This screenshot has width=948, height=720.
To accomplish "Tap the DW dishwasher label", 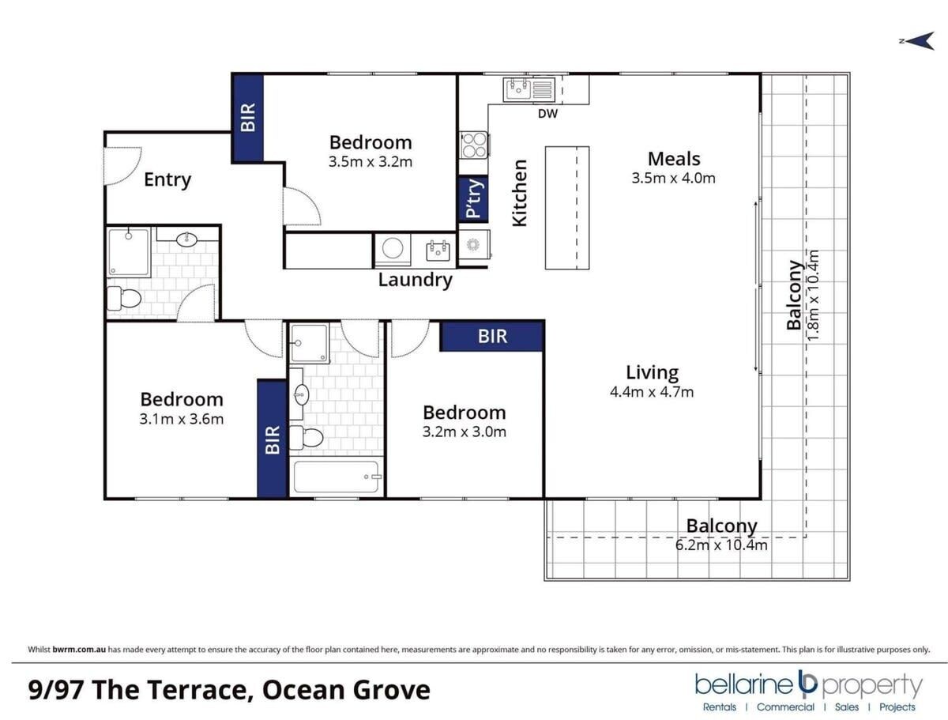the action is pos(547,114).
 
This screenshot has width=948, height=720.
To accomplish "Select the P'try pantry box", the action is pos(473,199).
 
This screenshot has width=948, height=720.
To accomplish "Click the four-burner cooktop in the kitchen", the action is pos(474,145).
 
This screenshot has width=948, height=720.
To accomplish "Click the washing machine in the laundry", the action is pos(392,249).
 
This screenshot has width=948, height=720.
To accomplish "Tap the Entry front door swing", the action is pos(122,166).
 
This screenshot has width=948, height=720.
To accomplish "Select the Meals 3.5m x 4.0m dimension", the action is pos(673,178).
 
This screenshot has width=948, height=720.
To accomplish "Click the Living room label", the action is pos(653,373).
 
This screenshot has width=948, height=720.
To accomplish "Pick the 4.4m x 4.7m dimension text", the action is pos(652,392).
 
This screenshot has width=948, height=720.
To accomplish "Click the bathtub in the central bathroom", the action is pos(337,477).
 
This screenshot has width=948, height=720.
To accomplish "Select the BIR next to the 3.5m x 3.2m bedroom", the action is pos(247,118).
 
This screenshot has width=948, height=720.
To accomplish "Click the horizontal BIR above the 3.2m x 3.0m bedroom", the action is pos(491,336).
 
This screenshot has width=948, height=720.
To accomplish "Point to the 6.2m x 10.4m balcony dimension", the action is pos(721,545).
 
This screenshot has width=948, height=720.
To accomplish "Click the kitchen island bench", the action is pos(567,208).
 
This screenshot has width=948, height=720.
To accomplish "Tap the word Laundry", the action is pos(415,281).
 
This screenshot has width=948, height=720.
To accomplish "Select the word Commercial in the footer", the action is pos(785,707).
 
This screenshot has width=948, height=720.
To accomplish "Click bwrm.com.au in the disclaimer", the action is pos(79,649).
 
